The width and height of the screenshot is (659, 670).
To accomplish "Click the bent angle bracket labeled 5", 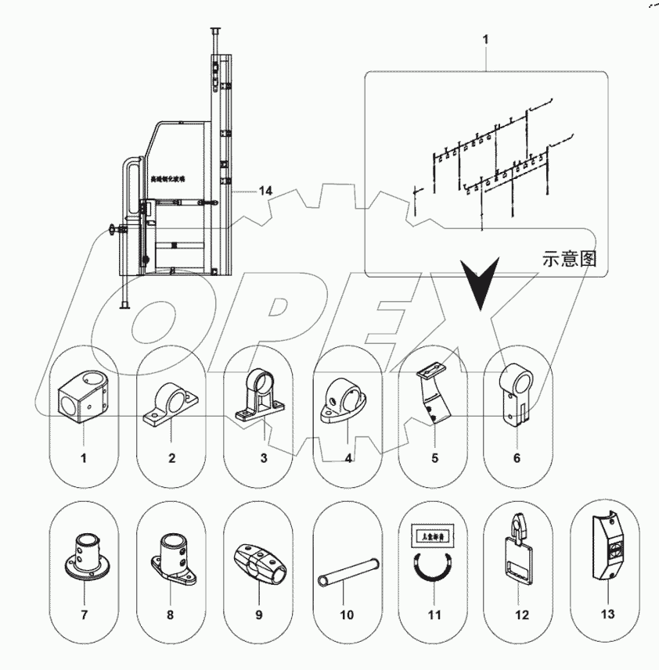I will (x=434, y=396).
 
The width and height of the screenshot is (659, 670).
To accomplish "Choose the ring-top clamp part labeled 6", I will (x=517, y=395).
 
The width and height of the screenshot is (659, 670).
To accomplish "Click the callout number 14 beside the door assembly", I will (x=265, y=191).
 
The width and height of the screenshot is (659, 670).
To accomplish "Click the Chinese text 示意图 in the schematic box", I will (x=569, y=259).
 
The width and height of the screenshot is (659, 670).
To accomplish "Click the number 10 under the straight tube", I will (x=346, y=615).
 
